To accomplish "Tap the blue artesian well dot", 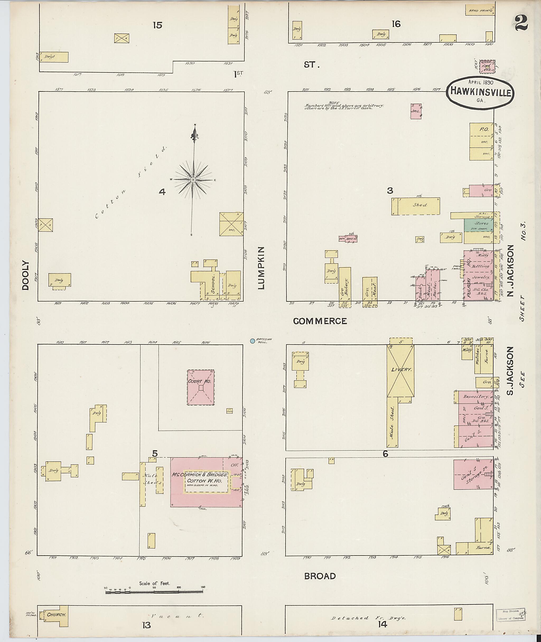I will point(253,341).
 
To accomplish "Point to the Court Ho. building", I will point(201,387).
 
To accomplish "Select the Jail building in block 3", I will point(416,111).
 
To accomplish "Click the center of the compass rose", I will point(193,180).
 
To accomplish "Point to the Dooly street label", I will point(25,275).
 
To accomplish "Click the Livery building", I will point(400,371).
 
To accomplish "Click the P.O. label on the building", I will point(484,130).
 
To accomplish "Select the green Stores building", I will point(479,225).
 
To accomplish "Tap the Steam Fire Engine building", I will point(487,67).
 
